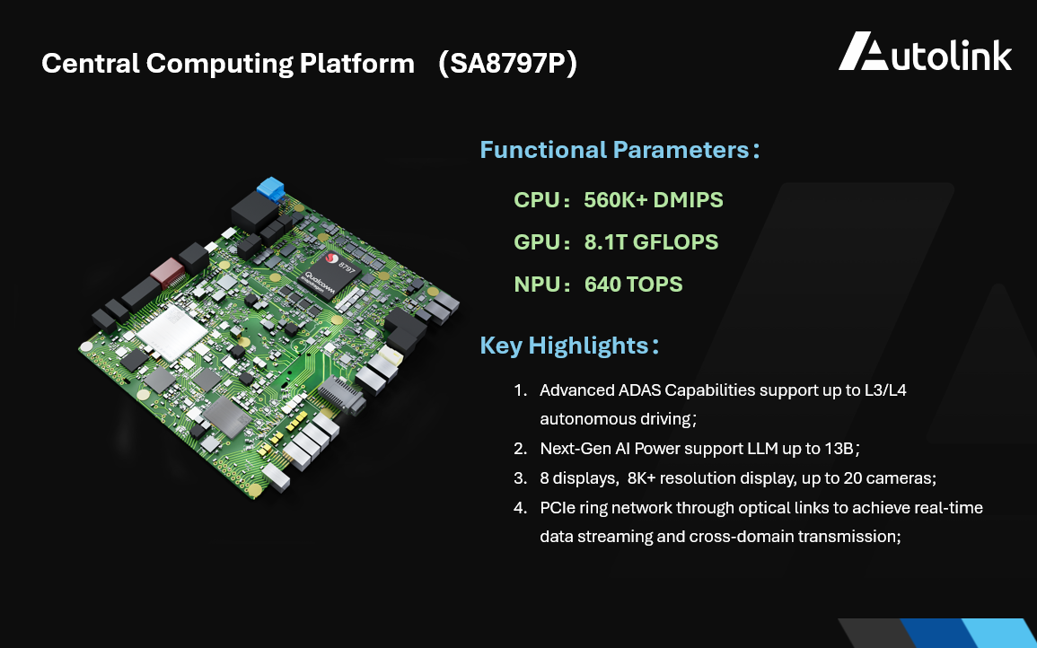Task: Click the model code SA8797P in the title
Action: [x=507, y=64]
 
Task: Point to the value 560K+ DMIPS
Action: [x=653, y=199]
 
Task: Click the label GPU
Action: [x=536, y=242]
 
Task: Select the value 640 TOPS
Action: [x=633, y=285]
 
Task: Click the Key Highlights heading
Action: [x=564, y=346]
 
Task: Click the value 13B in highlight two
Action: [x=842, y=448]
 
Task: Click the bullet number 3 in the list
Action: [x=519, y=478]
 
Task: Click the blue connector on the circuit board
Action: [x=270, y=189]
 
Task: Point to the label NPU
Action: [x=536, y=285]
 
